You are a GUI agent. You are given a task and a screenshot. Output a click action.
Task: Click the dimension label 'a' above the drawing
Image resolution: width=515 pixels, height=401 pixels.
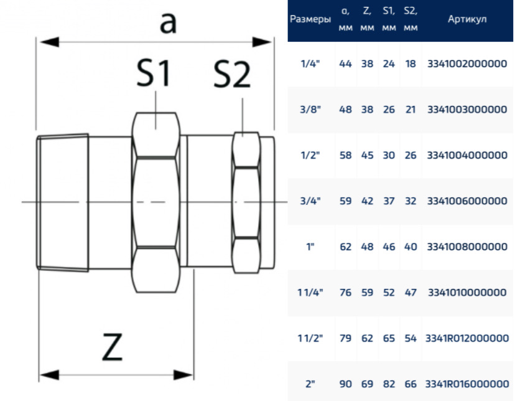[x=168, y=23]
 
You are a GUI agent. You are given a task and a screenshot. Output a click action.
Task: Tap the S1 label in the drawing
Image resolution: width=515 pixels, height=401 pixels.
[x=154, y=73]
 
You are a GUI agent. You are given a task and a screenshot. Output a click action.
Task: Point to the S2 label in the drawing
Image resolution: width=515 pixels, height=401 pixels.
[x=231, y=75]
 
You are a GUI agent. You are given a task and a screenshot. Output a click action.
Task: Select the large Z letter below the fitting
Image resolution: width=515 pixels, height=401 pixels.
[x=113, y=347]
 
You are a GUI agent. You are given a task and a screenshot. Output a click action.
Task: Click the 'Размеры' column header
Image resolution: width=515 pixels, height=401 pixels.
[x=310, y=19]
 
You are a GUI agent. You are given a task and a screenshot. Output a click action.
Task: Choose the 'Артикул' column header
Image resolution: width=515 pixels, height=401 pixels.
[x=467, y=19]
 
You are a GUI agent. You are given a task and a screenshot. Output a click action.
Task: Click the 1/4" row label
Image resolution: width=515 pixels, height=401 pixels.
[x=310, y=64]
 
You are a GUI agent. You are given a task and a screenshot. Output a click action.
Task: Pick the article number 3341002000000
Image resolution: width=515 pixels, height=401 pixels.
[x=467, y=64]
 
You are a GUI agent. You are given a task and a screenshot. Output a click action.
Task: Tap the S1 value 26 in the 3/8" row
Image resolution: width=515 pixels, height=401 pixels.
[x=389, y=110]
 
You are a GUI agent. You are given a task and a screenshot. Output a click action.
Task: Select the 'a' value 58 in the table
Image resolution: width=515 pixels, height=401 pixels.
[x=346, y=155]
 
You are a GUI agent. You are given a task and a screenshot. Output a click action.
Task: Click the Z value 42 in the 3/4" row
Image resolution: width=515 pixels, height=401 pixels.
[x=367, y=201]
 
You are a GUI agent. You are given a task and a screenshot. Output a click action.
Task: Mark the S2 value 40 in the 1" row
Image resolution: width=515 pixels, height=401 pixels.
[x=411, y=247]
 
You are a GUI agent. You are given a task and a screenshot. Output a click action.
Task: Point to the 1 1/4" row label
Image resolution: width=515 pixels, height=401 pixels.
[x=310, y=292]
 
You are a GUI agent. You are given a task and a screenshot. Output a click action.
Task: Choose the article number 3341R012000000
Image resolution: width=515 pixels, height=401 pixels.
[x=467, y=338]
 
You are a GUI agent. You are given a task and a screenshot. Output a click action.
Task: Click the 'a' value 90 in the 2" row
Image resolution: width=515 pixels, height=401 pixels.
[x=346, y=384]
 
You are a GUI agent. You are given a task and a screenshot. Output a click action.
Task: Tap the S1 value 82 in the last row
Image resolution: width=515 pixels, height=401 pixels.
[x=389, y=384]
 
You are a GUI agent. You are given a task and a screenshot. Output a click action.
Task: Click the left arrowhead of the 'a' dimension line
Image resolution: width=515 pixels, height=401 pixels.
[x=49, y=42]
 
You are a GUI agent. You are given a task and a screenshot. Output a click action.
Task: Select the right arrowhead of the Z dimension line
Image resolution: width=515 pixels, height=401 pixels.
[x=183, y=375]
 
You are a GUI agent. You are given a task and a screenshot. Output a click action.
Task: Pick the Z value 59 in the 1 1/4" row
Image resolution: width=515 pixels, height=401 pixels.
[x=367, y=292]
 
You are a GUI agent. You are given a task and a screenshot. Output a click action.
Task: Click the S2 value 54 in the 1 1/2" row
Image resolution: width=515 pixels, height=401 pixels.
[x=411, y=338]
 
